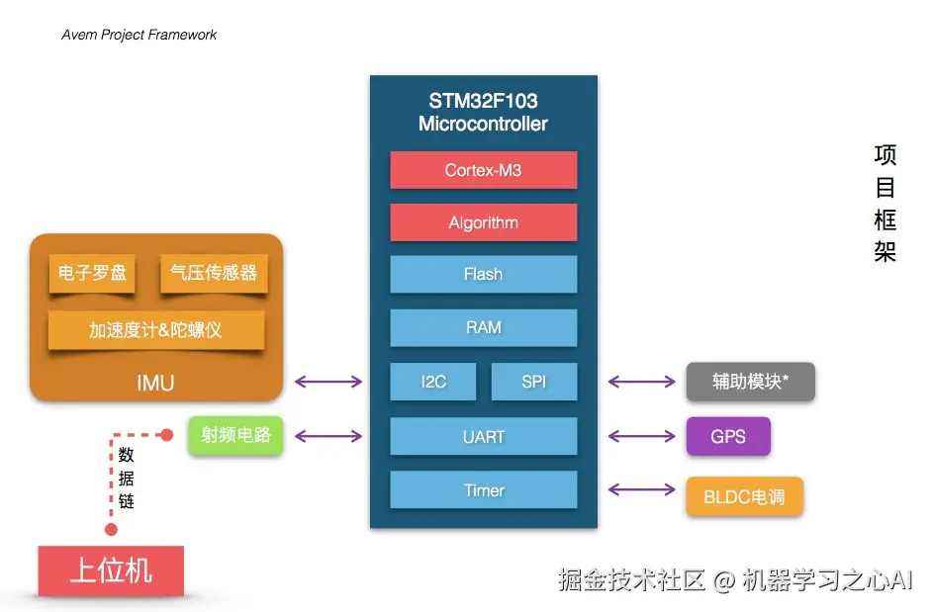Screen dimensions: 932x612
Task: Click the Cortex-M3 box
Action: (x=483, y=170)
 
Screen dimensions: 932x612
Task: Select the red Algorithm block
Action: (x=483, y=222)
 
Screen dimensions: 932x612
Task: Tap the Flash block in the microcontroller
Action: (x=483, y=274)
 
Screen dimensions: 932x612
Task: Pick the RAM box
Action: (x=483, y=327)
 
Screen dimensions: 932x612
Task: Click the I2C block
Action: (x=432, y=382)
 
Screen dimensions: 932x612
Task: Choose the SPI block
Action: (x=533, y=382)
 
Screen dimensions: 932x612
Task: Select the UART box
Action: (x=483, y=436)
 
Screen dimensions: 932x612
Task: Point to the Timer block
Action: (x=483, y=489)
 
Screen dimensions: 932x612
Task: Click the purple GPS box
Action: (x=728, y=436)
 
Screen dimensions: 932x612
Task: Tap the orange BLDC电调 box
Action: (x=745, y=496)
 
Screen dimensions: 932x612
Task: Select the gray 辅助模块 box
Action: (x=751, y=382)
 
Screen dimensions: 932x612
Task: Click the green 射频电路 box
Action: (x=236, y=436)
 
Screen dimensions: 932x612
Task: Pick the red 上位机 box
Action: (x=111, y=570)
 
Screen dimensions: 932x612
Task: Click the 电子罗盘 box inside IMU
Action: (x=92, y=273)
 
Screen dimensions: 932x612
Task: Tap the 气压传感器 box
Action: (x=214, y=273)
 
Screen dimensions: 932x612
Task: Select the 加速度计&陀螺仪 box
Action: (x=155, y=330)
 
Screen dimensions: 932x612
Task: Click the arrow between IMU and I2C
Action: (x=328, y=382)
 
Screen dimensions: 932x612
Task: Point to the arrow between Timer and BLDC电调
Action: (x=642, y=489)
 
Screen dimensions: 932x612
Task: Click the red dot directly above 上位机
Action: (x=111, y=529)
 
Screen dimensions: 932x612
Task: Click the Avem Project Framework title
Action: (x=140, y=35)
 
